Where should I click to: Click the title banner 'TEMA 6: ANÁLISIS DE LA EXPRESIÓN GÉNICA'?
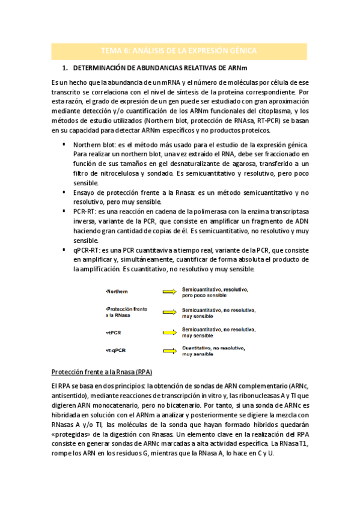tap(180, 51)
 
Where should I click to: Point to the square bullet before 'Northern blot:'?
tap(64, 144)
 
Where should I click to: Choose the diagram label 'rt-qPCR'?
tap(116, 351)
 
